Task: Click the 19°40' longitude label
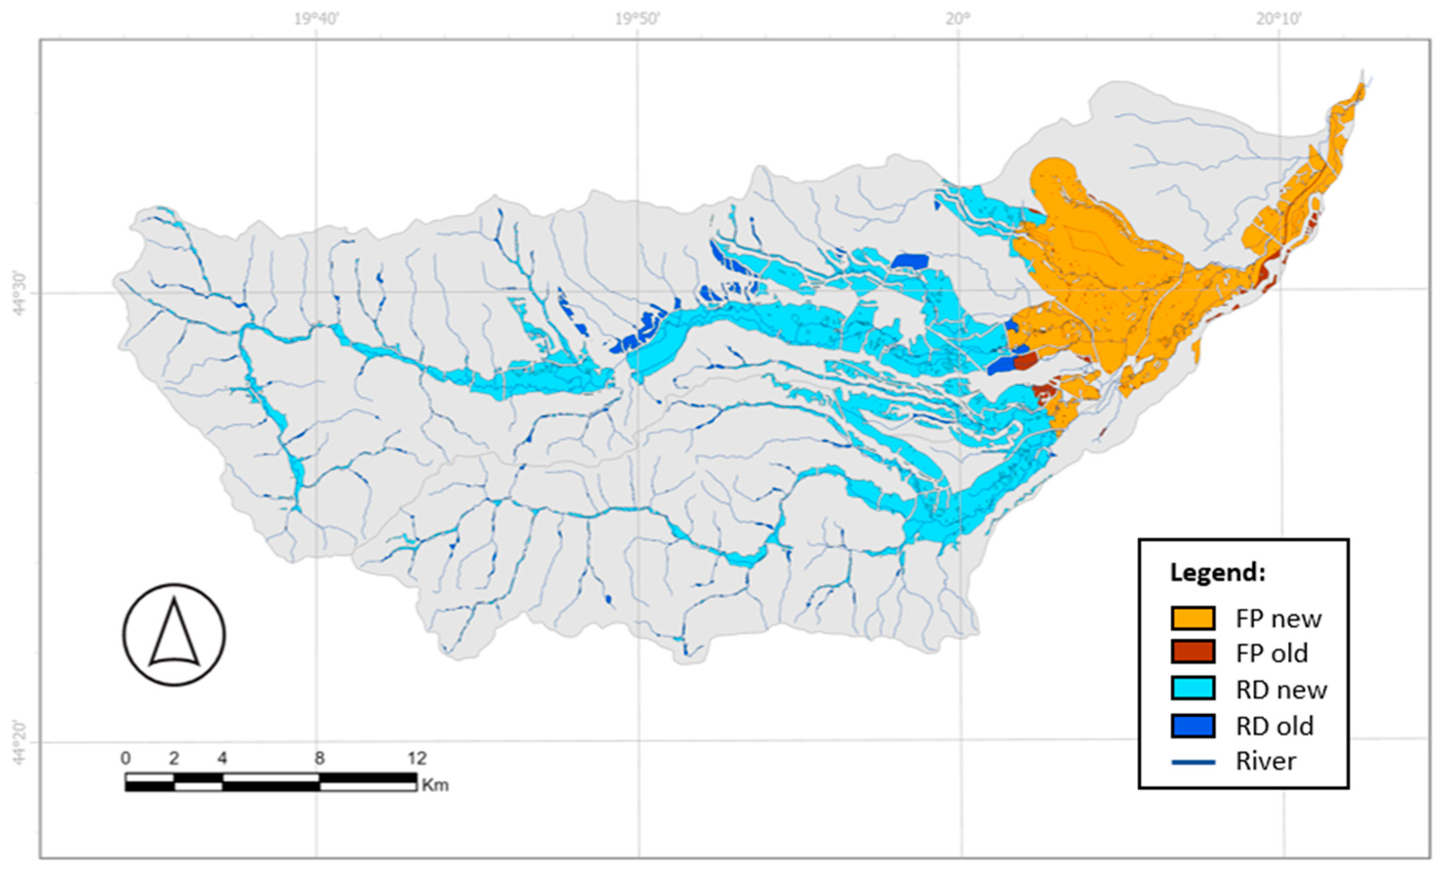[317, 19]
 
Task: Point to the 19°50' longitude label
[638, 19]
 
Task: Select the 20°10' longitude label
[1279, 19]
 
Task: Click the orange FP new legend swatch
[1192, 618]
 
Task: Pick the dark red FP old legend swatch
[1192, 653]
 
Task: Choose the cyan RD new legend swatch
[1192, 689]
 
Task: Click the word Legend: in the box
[1217, 571]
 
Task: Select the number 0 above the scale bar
[125, 758]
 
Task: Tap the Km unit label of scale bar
[435, 785]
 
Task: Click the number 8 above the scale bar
[319, 758]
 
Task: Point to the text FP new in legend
[1278, 619]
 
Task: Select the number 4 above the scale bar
[222, 758]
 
